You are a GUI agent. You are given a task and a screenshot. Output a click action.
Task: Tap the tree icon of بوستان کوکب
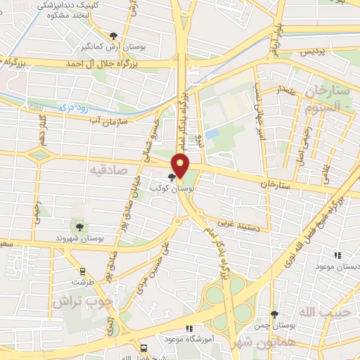click(x=172, y=177)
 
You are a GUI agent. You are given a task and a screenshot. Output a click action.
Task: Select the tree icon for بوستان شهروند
click(x=79, y=227)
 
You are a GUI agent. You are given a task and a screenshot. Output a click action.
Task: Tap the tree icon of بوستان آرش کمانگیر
click(x=114, y=35)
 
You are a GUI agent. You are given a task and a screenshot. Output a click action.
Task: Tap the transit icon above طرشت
click(x=82, y=271)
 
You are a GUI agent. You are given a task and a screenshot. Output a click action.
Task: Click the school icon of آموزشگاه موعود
click(x=188, y=328)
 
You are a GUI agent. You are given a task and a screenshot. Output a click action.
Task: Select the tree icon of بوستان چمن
click(x=274, y=314)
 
